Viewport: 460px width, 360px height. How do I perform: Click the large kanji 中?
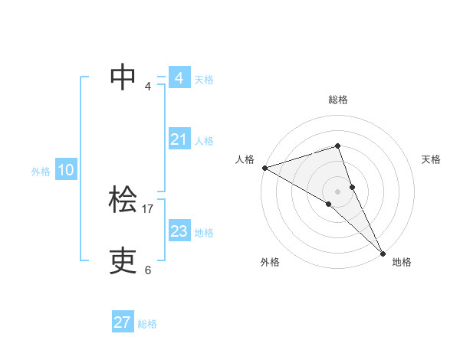tap(123, 76)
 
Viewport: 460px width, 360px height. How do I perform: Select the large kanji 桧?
tap(123, 200)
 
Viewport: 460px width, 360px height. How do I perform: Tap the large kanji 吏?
tap(123, 260)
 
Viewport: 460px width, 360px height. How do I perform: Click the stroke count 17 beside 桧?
tap(148, 208)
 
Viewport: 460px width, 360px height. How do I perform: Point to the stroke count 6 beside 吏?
tap(148, 270)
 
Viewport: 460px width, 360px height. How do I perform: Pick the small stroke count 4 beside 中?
tap(148, 86)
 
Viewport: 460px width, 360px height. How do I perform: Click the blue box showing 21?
tap(179, 139)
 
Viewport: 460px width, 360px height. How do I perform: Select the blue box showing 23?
tap(179, 231)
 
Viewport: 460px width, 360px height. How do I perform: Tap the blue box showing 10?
tap(66, 171)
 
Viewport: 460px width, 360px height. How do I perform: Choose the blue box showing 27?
tap(122, 322)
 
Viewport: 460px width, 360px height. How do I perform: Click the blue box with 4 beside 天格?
tap(179, 78)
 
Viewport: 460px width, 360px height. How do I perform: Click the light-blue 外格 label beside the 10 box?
tap(41, 172)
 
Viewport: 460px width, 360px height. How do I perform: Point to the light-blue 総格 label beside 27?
tap(147, 324)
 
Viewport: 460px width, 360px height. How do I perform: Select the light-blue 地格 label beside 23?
tap(204, 232)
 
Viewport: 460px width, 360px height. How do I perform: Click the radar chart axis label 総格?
tap(337, 100)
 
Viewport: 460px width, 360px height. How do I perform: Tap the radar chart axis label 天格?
tap(431, 159)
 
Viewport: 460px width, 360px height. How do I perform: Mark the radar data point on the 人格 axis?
tap(264, 167)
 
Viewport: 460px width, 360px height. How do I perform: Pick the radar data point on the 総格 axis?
tap(337, 146)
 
